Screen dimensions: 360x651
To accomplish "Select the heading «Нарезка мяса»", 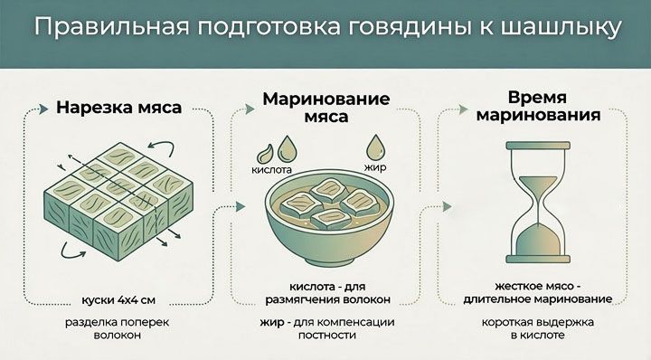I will (x=118, y=107).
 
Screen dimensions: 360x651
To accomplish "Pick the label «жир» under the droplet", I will (x=374, y=168).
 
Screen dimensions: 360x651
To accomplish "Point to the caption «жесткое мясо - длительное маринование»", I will (x=541, y=291).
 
